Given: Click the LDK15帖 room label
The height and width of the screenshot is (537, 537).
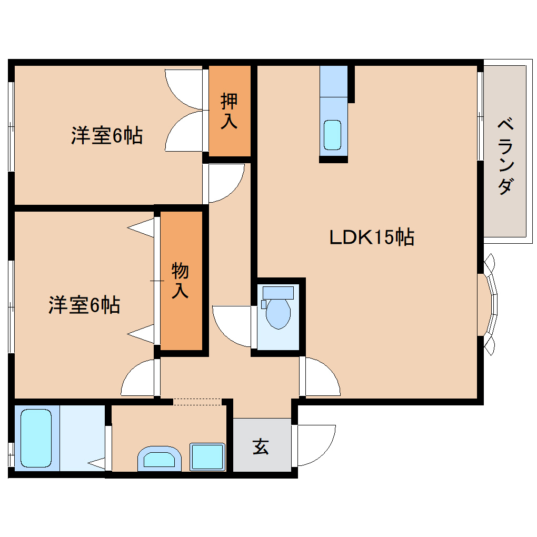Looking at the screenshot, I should (x=372, y=238).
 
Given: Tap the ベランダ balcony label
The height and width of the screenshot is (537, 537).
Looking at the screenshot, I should (x=505, y=157).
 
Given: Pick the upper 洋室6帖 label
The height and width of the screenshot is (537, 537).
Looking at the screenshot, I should (x=107, y=136).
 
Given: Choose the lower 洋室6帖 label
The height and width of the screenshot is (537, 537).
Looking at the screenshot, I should (x=84, y=305).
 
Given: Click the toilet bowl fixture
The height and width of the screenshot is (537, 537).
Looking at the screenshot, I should (x=278, y=314).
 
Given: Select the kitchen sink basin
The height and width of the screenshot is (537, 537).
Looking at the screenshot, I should (x=332, y=134).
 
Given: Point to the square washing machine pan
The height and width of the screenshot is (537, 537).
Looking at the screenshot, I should (x=208, y=456).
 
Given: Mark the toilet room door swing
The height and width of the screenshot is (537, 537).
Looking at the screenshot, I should (x=232, y=326).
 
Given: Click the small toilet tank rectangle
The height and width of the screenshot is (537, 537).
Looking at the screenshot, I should (x=278, y=292).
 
